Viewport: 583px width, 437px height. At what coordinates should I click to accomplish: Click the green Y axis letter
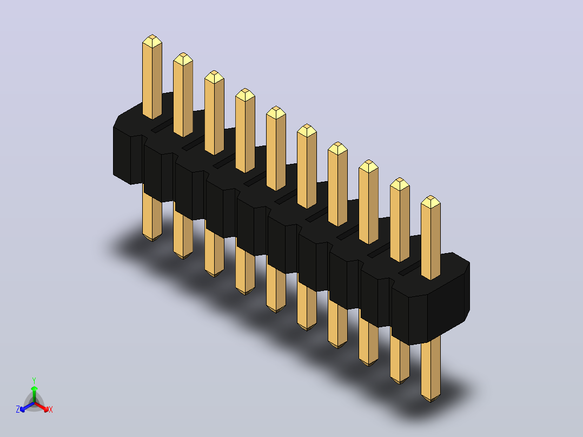[x=34, y=380]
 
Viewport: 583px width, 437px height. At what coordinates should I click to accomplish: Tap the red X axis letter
[x=51, y=409]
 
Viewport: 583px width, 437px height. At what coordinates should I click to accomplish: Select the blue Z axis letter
[x=18, y=409]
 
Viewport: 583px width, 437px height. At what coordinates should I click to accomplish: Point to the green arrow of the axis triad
[x=34, y=394]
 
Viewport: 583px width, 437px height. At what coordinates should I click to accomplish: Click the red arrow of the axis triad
[x=42, y=407]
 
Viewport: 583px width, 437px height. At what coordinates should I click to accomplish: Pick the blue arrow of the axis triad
[x=27, y=407]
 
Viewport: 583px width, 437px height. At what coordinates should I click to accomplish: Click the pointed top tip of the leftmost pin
[x=152, y=35]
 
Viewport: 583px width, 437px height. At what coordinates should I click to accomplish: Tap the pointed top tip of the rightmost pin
[x=430, y=196]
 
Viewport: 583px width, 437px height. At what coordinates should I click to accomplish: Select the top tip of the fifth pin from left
[x=276, y=107]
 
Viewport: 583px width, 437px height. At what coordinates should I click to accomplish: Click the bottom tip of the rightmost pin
[x=430, y=402]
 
